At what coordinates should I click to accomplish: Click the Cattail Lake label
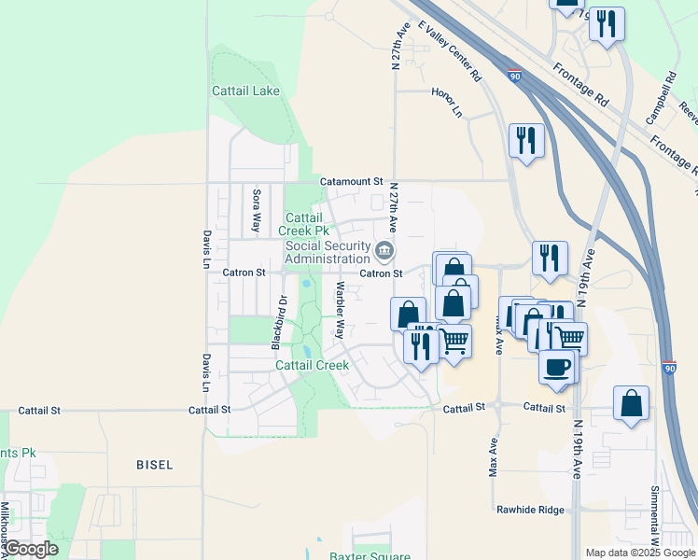[245, 91]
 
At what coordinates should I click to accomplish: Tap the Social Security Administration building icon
[384, 250]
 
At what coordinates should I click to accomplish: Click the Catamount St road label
[352, 181]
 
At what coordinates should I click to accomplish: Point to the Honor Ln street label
[447, 103]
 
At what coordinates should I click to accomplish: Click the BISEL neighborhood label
[154, 464]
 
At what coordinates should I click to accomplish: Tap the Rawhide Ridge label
[530, 510]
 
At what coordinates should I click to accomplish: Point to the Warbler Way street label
[341, 309]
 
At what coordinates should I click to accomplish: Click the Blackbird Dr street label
[278, 322]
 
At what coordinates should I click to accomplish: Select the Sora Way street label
[256, 210]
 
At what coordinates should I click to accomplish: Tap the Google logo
[32, 550]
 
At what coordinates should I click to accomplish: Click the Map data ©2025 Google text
[639, 553]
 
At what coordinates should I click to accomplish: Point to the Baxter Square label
[370, 557]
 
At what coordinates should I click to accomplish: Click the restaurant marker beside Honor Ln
[526, 140]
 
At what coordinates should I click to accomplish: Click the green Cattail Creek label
[313, 365]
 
